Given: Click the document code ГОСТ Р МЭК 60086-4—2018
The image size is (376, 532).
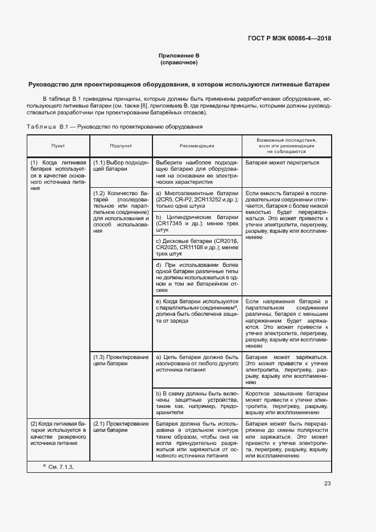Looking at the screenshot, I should (x=289, y=39).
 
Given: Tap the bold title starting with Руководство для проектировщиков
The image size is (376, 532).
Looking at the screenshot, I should (x=179, y=85).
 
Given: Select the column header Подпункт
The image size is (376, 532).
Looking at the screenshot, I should (x=121, y=146).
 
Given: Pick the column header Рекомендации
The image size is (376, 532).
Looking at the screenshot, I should (x=196, y=146).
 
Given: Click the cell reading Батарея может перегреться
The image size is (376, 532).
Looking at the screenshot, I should (x=282, y=162).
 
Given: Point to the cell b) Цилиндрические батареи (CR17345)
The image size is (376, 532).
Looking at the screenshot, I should (x=196, y=224).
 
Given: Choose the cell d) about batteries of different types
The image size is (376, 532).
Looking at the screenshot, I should (x=196, y=277).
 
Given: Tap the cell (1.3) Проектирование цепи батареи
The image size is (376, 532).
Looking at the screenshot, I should (x=121, y=360).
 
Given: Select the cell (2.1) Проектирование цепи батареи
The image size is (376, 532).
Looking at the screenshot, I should (x=121, y=427).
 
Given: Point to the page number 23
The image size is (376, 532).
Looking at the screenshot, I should (x=327, y=484).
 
